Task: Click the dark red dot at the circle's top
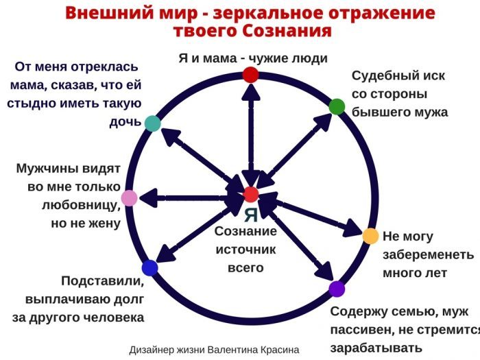[251, 74]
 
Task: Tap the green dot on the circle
[337, 106]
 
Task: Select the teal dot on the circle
[153, 123]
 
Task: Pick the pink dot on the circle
[129, 199]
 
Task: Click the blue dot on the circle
[149, 268]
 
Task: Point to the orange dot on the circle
[370, 236]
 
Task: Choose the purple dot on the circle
[337, 289]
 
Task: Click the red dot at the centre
[251, 194]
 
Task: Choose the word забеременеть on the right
[428, 254]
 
